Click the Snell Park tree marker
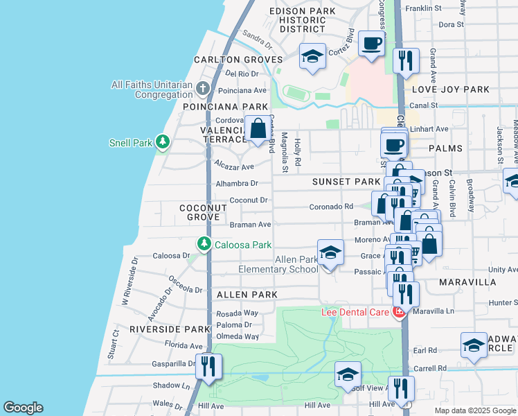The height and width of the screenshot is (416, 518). [x=162, y=143]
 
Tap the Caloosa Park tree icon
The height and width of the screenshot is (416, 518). [x=204, y=244]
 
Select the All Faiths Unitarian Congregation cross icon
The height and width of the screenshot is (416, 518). [x=202, y=89]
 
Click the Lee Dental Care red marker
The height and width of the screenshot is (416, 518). [x=399, y=312]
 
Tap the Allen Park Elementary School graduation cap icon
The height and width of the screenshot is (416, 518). [x=330, y=253]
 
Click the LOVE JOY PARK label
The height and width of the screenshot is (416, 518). [x=451, y=89]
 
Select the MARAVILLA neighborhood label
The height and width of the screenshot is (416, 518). [x=467, y=282]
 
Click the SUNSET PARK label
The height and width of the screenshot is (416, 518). [x=346, y=182]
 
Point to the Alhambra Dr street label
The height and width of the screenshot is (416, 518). [x=236, y=184]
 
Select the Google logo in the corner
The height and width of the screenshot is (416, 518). [x=24, y=408]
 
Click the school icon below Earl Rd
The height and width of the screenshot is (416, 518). [x=474, y=346]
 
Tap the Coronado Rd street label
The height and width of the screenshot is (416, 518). [x=331, y=206]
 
